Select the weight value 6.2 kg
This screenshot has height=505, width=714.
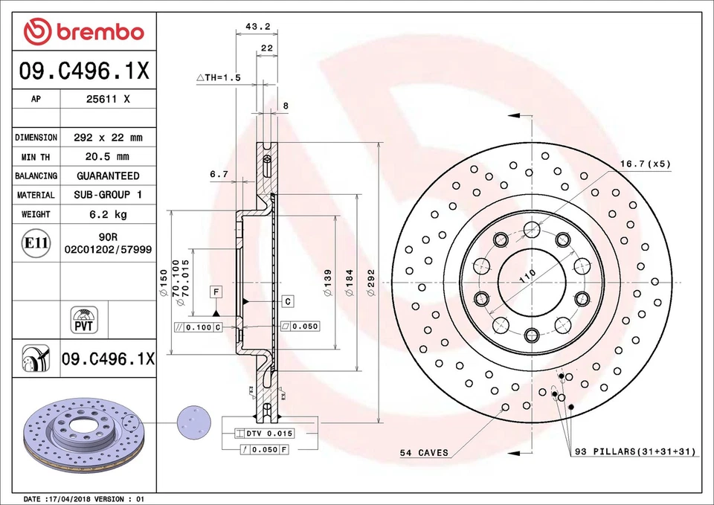(x=108, y=214)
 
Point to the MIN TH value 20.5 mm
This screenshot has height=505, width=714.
(x=108, y=156)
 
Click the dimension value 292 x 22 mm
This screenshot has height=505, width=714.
(x=108, y=138)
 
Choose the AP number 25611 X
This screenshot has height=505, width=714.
(x=108, y=99)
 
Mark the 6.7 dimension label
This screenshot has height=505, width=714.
(x=218, y=174)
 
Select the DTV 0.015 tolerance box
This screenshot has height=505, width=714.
(x=265, y=433)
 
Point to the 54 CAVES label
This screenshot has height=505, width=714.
(x=424, y=452)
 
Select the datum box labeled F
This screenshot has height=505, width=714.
(x=216, y=292)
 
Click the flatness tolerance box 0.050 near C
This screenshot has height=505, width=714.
(x=300, y=327)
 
